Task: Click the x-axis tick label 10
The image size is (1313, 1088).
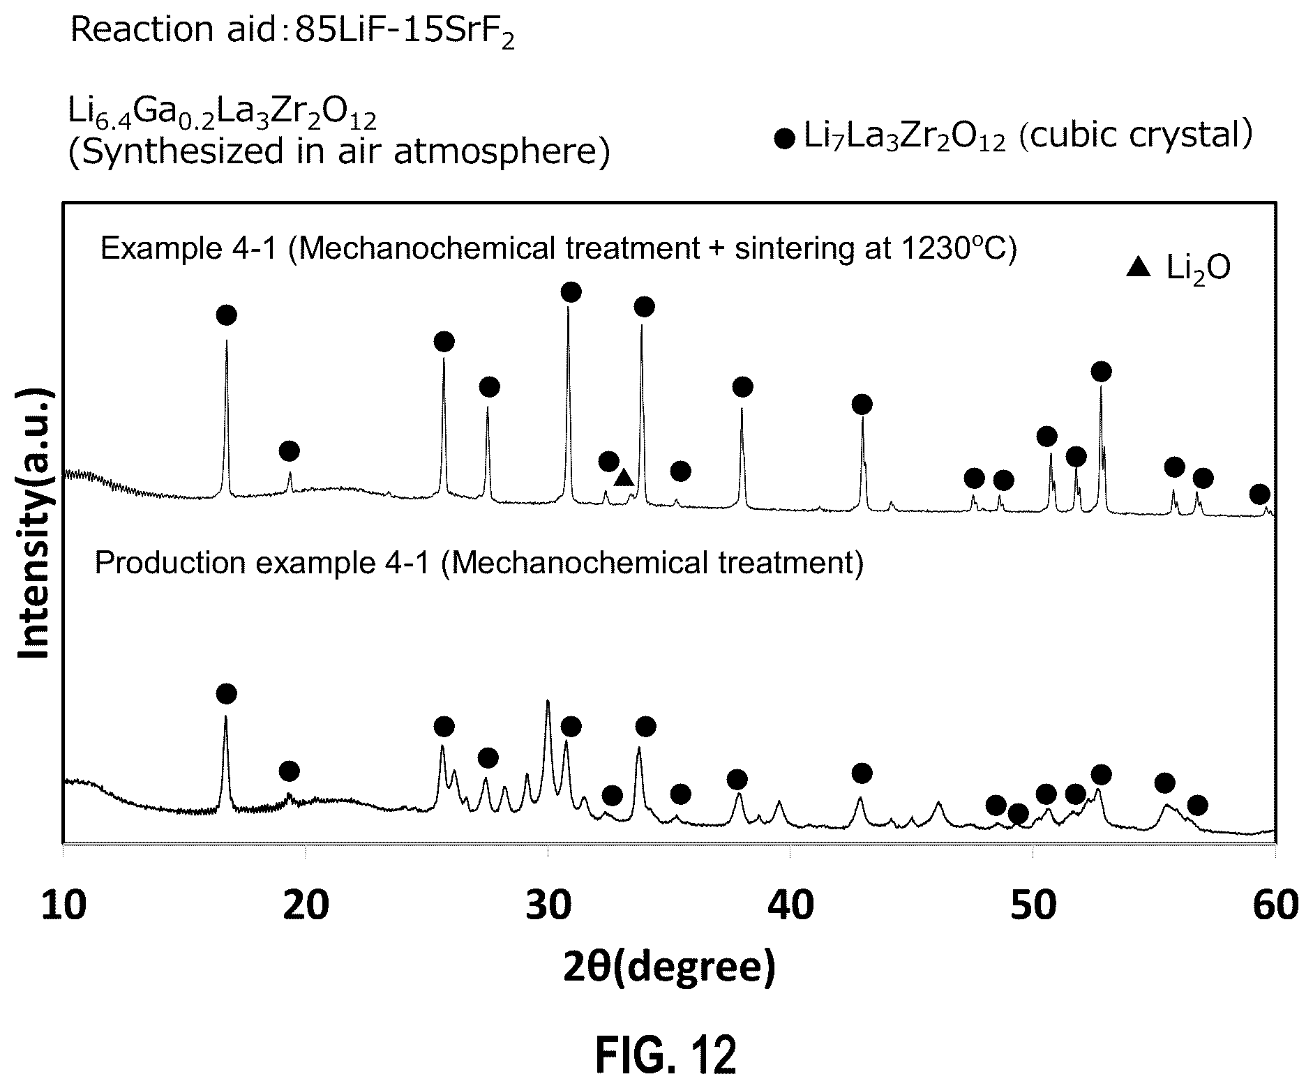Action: click(x=64, y=905)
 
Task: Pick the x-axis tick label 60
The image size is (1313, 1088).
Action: click(x=1275, y=905)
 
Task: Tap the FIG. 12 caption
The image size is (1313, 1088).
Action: click(x=666, y=1055)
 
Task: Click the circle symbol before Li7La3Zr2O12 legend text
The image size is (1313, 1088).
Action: click(x=785, y=139)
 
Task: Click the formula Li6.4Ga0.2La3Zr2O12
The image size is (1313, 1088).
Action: click(x=222, y=114)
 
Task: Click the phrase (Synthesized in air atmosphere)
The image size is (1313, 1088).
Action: click(x=338, y=152)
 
